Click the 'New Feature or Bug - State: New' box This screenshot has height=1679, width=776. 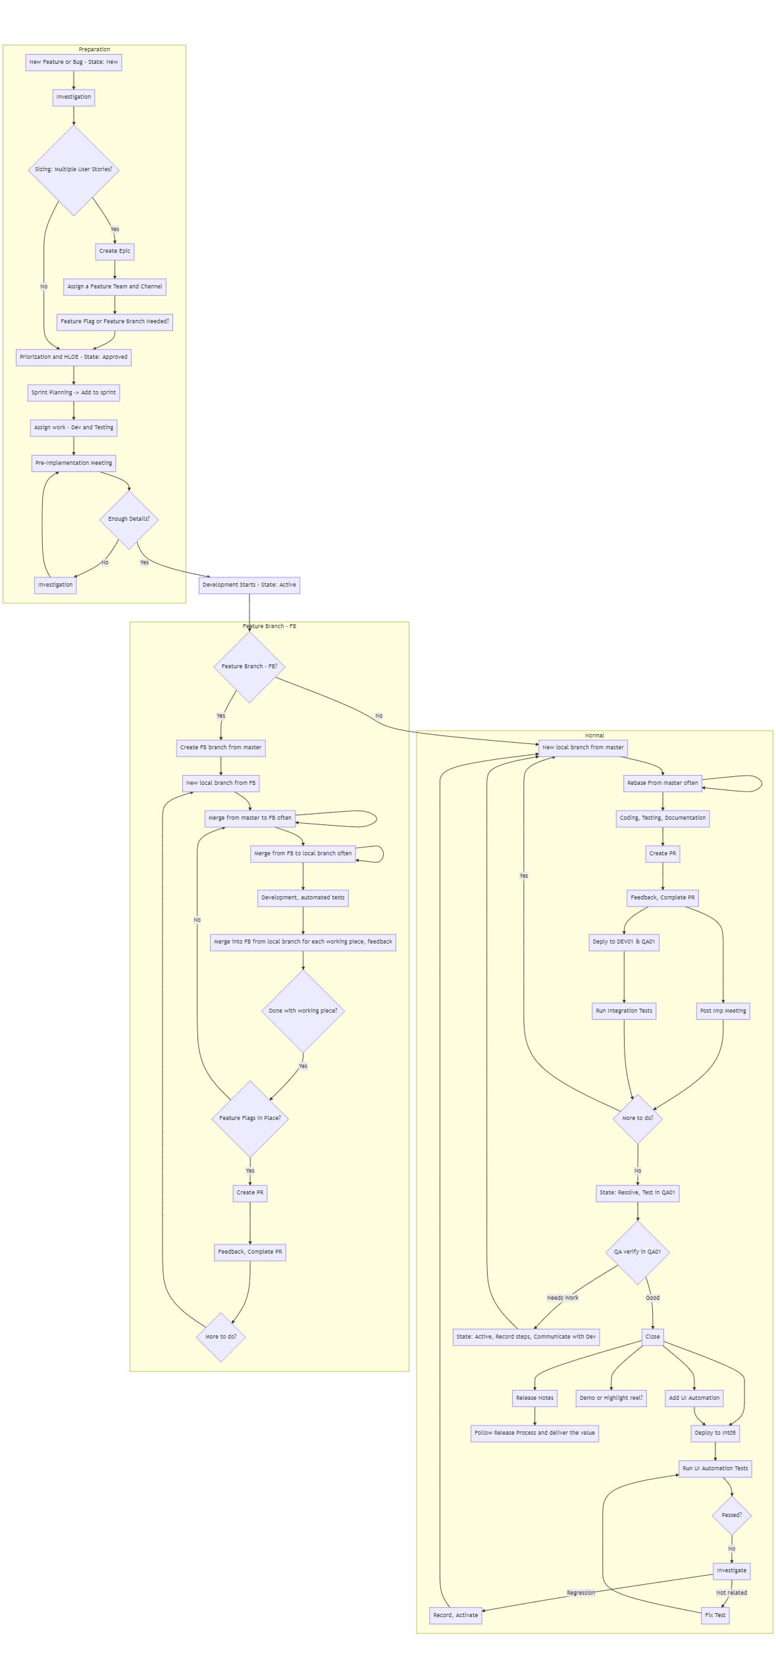click(x=74, y=62)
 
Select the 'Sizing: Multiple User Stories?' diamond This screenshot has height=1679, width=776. click(x=74, y=169)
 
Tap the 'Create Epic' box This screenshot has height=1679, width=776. click(x=115, y=251)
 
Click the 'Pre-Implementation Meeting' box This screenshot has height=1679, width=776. click(x=74, y=463)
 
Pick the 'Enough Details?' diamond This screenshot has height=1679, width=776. click(x=129, y=519)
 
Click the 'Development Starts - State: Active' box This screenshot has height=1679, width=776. click(x=249, y=585)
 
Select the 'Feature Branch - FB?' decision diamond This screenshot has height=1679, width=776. click(x=249, y=666)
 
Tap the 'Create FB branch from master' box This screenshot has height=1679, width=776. click(x=220, y=747)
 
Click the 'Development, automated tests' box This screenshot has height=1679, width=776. click(x=303, y=897)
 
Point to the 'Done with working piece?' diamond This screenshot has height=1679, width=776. click(x=303, y=1011)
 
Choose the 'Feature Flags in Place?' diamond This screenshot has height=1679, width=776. click(x=250, y=1118)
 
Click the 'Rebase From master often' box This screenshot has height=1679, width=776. click(x=662, y=783)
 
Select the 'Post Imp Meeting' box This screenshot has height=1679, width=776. click(x=723, y=1011)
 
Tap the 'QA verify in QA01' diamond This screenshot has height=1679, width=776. click(x=637, y=1252)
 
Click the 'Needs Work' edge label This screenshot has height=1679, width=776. click(x=563, y=1298)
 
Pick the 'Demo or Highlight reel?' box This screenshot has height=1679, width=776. click(x=611, y=1398)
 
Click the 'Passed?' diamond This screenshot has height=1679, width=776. click(x=731, y=1515)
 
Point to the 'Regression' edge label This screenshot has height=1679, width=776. click(x=581, y=1593)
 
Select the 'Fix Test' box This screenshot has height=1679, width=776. click(x=715, y=1615)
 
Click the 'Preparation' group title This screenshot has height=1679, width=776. click(x=94, y=49)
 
